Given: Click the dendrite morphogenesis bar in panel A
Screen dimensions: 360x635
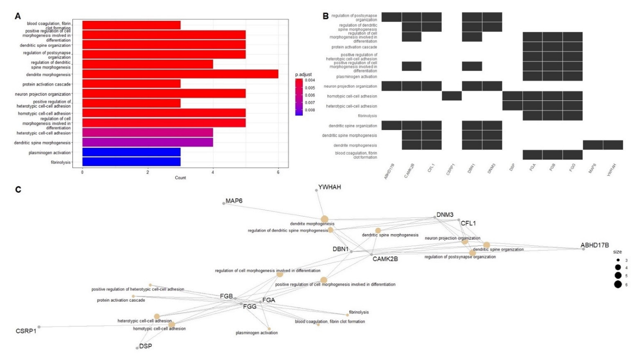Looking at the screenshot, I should pos(180,74).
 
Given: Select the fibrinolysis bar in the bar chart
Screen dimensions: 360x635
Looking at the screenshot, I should pos(131,162).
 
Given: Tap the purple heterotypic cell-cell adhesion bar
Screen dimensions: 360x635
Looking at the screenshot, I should pos(148,133).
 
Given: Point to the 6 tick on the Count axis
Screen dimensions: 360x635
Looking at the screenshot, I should pos(278,173).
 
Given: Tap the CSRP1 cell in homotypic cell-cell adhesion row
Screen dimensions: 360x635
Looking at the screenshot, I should pos(452,96).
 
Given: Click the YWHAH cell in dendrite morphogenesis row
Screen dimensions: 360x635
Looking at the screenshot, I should pos(613,145).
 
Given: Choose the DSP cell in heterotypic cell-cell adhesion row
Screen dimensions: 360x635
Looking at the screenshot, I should pos(512,105).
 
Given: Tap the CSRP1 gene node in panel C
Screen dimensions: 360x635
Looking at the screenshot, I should pos(39,327).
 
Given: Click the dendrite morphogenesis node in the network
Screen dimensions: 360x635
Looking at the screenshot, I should pos(325,218).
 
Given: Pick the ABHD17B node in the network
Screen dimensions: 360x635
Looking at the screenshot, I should pos(583,249).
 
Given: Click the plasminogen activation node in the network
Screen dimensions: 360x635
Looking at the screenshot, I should pos(269,329).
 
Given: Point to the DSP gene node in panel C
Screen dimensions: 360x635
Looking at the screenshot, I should pos(137,348).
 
